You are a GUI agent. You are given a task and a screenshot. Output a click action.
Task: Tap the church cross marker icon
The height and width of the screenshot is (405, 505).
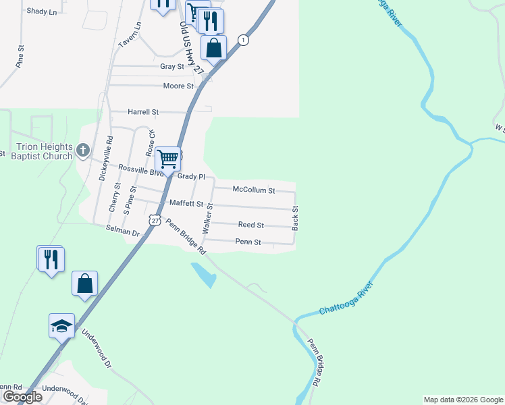pos(83,150)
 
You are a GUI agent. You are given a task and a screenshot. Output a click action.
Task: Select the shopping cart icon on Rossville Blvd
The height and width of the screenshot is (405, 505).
pos(167,159)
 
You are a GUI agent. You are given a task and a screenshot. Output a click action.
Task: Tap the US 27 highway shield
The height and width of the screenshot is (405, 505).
pos(155,220)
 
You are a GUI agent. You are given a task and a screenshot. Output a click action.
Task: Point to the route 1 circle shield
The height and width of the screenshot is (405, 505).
pos(244,40)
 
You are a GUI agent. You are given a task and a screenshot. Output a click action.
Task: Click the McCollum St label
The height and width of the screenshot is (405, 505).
pos(253,190)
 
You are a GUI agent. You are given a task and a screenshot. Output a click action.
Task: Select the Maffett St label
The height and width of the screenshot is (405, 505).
pos(186,203)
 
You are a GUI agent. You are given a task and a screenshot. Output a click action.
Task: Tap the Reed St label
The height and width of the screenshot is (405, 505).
pos(250,225)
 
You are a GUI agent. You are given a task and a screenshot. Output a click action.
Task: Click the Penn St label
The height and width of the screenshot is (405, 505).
pos(248,242)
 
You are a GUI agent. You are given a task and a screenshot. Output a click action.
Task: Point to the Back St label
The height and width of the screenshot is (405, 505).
pos(295,219)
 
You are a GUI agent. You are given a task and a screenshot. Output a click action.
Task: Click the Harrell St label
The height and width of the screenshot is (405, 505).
pos(143,111)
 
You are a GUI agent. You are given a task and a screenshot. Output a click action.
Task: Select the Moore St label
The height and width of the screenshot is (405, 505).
pos(178,86)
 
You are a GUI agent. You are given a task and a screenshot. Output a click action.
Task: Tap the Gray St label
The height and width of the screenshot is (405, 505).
pos(172,67)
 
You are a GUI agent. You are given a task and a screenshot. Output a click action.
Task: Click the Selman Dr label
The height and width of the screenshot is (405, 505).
pos(122,232)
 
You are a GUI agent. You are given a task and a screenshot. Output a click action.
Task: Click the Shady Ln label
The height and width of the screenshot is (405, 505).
pos(41,11)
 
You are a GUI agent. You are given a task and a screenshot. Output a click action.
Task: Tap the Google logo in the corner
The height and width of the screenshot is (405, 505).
pos(22,397)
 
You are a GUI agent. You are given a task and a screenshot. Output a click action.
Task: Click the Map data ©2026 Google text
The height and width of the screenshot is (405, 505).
pos(462,400)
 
